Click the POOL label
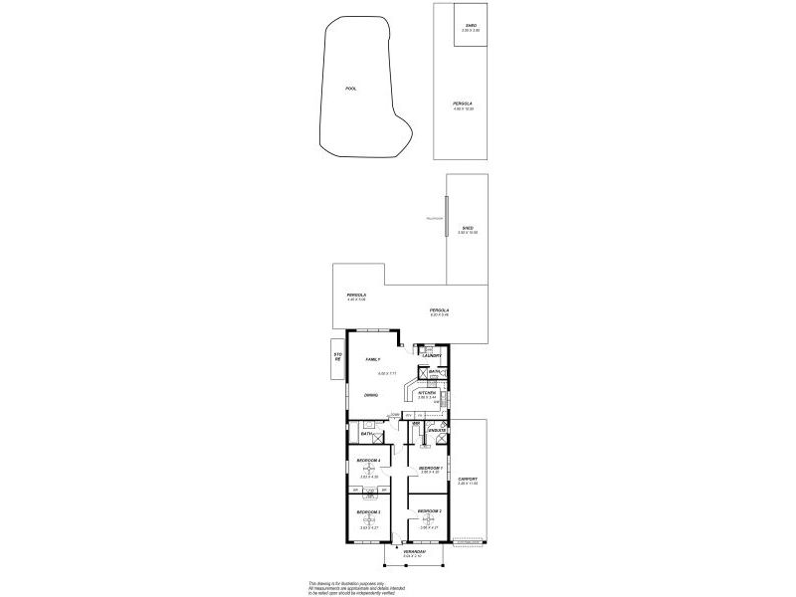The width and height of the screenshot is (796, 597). pyautogui.click(x=350, y=89)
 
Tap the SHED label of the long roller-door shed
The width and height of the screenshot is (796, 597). pyautogui.click(x=467, y=228)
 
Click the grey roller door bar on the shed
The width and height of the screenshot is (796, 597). pyautogui.click(x=447, y=218)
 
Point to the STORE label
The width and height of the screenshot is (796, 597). pyautogui.click(x=337, y=358)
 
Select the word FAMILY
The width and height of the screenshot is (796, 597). pyautogui.click(x=373, y=358)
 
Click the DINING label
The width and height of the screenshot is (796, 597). pyautogui.click(x=370, y=396)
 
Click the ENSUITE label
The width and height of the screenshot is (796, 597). pyautogui.click(x=436, y=431)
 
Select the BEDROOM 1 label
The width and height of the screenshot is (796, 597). pyautogui.click(x=430, y=468)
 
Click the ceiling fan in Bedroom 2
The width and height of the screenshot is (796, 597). pyautogui.click(x=429, y=517)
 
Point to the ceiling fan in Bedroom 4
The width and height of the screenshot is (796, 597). pyautogui.click(x=369, y=469)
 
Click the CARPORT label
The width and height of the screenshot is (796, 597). pyautogui.click(x=468, y=479)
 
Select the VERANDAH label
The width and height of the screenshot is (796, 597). pyautogui.click(x=415, y=551)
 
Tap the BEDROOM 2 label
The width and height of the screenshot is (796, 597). pyautogui.click(x=430, y=510)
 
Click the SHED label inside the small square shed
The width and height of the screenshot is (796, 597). pyautogui.click(x=471, y=25)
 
